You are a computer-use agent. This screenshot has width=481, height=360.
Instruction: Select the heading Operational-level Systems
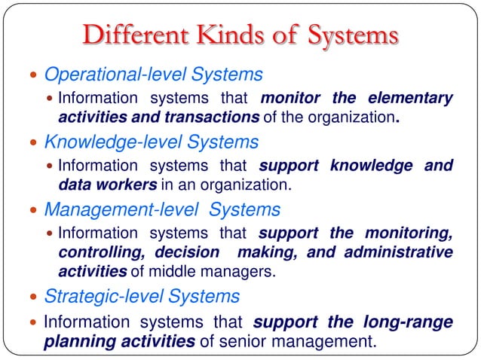[x=153, y=75]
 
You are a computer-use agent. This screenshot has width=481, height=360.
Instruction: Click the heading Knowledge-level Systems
[x=151, y=142]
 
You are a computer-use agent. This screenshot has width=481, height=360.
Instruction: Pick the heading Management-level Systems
[x=162, y=209]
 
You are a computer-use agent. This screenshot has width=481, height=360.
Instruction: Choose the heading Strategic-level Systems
[x=142, y=296]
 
